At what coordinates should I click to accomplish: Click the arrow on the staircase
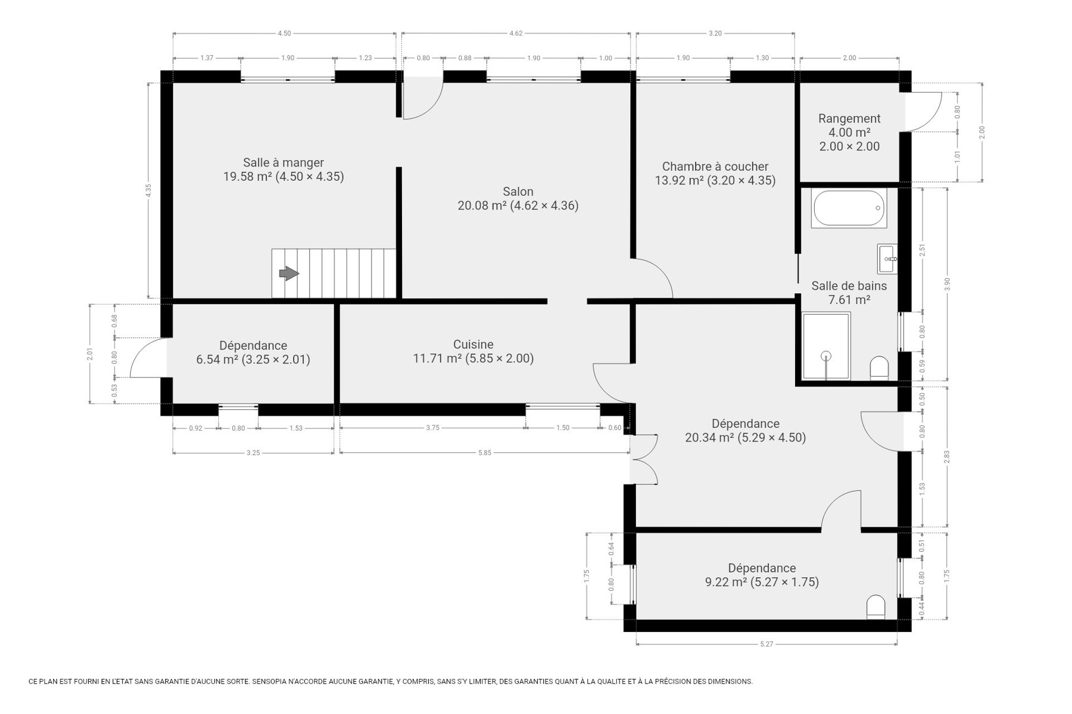pos(289,273)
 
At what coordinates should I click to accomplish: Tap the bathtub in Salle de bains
pos(849,208)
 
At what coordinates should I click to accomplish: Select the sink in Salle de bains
pos(887,259)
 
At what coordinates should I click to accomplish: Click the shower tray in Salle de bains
pos(826,346)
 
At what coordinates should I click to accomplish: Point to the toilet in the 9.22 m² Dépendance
pos(876,607)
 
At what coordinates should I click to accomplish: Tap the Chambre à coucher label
pos(715,167)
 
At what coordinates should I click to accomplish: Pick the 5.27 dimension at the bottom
pos(766,644)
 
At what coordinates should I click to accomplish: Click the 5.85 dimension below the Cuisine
pos(485,453)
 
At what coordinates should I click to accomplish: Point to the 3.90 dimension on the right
pos(947,284)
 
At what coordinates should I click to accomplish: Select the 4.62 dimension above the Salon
pos(516,33)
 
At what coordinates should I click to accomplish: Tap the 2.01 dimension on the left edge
pos(90,354)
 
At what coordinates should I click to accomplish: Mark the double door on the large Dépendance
pos(644,459)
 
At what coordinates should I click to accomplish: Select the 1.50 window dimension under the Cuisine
pos(563,428)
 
